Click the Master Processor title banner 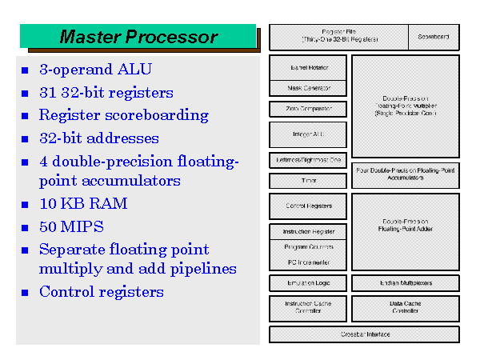pos(138,37)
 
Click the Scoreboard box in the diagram pos(434,36)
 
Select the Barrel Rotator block pos(308,66)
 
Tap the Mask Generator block pos(308,87)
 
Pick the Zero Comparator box pos(308,109)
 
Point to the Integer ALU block pos(308,134)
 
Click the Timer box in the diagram pos(308,181)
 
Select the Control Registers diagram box pos(308,206)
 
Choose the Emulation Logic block pos(308,283)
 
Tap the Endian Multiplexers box pos(405,283)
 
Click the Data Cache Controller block pos(405,308)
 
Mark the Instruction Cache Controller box pos(308,308)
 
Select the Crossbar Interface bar pos(364,334)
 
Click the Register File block pos(338,36)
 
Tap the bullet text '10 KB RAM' pos(83,203)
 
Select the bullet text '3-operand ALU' pos(95,70)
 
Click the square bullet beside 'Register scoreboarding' pos(26,116)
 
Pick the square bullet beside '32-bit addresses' pos(26,139)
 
